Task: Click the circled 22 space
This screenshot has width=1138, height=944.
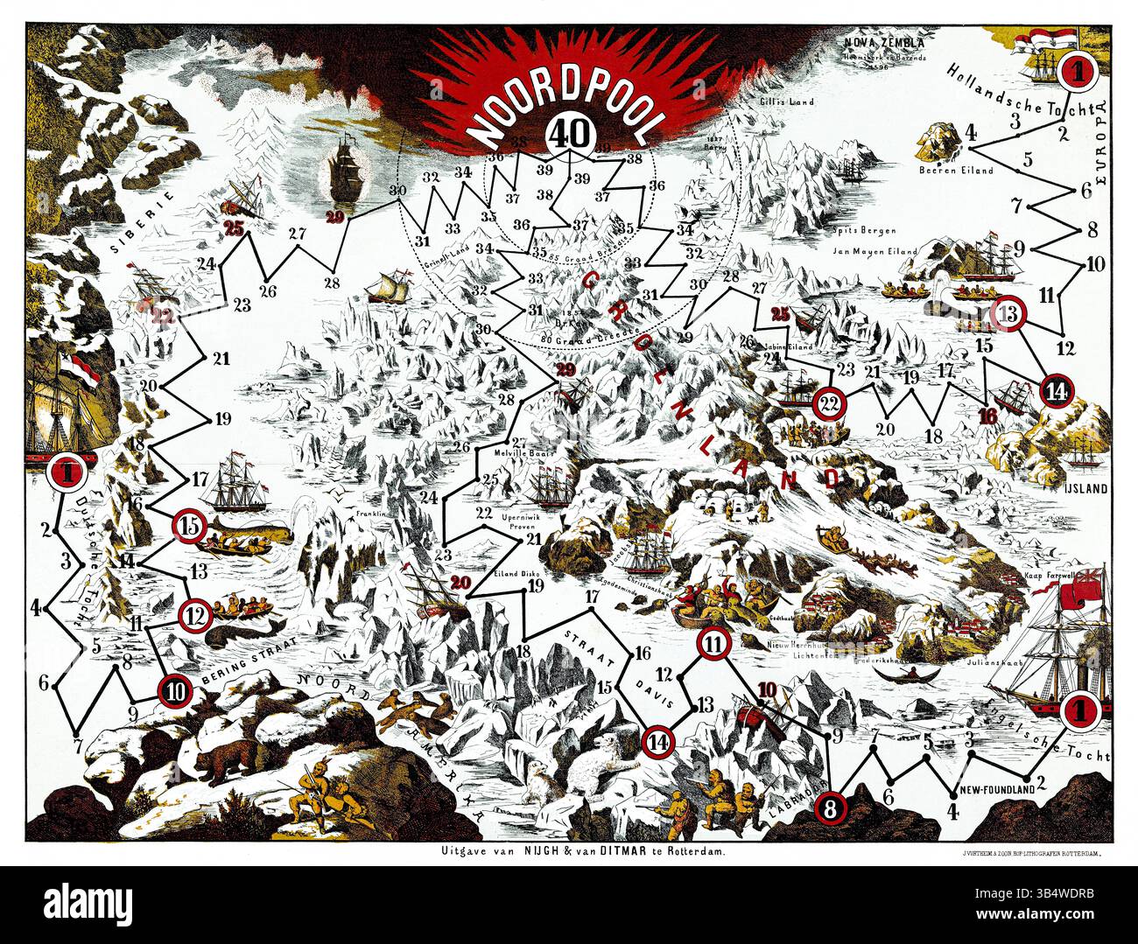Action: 829,403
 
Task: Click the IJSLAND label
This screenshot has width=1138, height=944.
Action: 1085,489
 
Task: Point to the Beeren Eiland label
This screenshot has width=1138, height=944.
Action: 956,170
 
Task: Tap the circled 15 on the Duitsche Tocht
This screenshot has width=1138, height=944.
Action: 189,526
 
